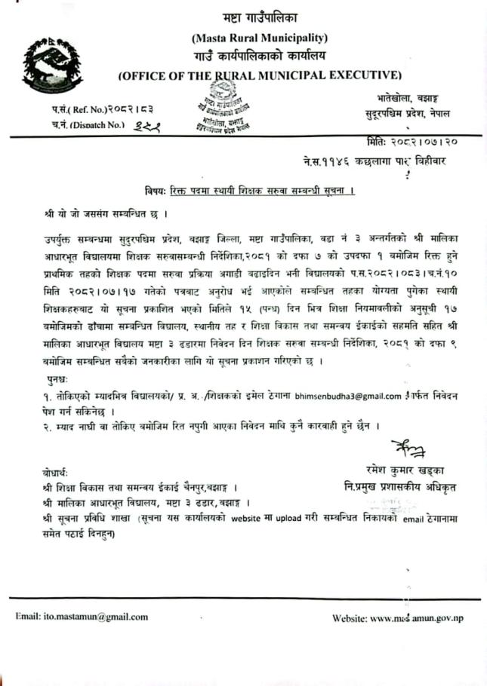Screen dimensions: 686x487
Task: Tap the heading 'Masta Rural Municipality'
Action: [259, 38]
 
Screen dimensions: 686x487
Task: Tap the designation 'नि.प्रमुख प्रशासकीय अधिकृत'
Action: [399, 488]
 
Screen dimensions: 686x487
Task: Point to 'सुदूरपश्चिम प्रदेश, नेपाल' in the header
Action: [408, 115]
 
